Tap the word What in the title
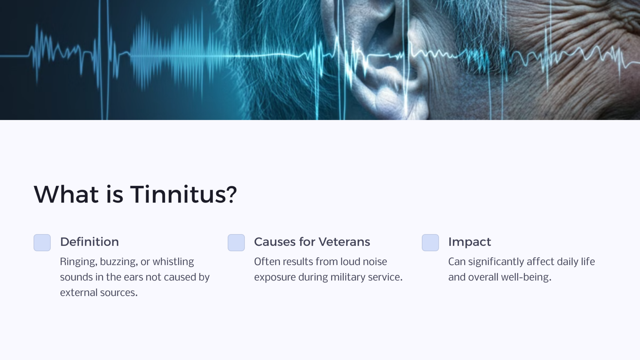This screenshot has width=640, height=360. click(66, 194)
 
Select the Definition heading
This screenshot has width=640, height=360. click(89, 242)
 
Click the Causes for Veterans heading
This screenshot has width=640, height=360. click(312, 242)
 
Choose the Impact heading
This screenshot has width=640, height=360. click(470, 242)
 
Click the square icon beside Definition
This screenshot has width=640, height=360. click(42, 242)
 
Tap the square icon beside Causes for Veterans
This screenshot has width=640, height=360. click(236, 242)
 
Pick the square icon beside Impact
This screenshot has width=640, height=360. click(430, 242)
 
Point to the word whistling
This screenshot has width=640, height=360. click(173, 262)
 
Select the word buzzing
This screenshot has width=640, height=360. click(119, 262)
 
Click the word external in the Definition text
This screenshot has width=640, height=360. click(79, 292)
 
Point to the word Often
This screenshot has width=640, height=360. click(267, 262)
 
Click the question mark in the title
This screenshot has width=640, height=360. click(231, 194)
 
